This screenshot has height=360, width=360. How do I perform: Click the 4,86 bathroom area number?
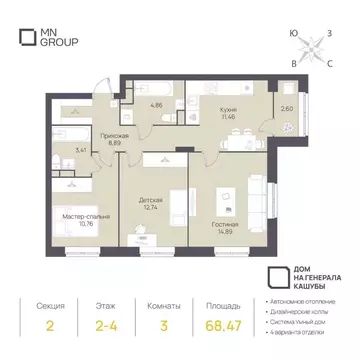tap(156, 103)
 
